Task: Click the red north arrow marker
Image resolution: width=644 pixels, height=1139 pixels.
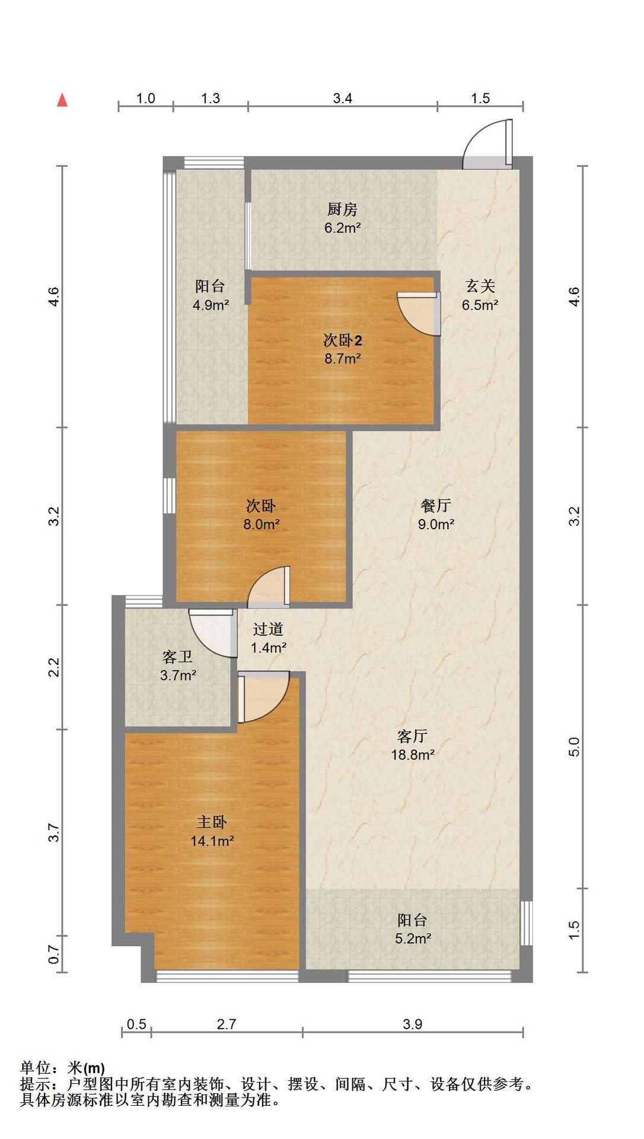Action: pyautogui.click(x=62, y=100)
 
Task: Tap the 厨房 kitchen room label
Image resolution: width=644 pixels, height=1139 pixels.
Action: pyautogui.click(x=343, y=209)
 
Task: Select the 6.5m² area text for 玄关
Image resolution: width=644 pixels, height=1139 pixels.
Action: pyautogui.click(x=480, y=305)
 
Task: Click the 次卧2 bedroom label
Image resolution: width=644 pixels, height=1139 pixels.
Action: pyautogui.click(x=343, y=340)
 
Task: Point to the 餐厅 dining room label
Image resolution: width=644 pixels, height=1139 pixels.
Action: pyautogui.click(x=436, y=505)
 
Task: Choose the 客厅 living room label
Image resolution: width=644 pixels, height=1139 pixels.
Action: pyautogui.click(x=412, y=736)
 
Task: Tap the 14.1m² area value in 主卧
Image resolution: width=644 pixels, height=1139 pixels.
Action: pyautogui.click(x=212, y=841)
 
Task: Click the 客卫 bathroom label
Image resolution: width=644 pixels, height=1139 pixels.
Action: pyautogui.click(x=178, y=657)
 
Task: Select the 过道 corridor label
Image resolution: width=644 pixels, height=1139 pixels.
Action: pyautogui.click(x=268, y=629)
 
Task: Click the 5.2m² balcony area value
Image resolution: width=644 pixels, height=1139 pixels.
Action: pyautogui.click(x=413, y=938)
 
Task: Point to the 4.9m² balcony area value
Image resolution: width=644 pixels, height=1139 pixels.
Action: pyautogui.click(x=211, y=305)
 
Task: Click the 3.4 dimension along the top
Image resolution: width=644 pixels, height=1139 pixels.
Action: pyautogui.click(x=343, y=98)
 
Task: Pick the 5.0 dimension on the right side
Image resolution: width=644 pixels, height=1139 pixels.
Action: pyautogui.click(x=573, y=746)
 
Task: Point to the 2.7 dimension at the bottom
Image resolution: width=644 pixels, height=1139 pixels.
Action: pyautogui.click(x=227, y=1024)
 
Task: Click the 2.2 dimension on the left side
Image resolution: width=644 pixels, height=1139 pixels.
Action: pyautogui.click(x=55, y=667)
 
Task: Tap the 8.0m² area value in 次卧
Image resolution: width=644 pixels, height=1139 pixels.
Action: pyautogui.click(x=262, y=524)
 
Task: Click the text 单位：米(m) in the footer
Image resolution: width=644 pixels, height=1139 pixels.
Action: pyautogui.click(x=63, y=1068)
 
